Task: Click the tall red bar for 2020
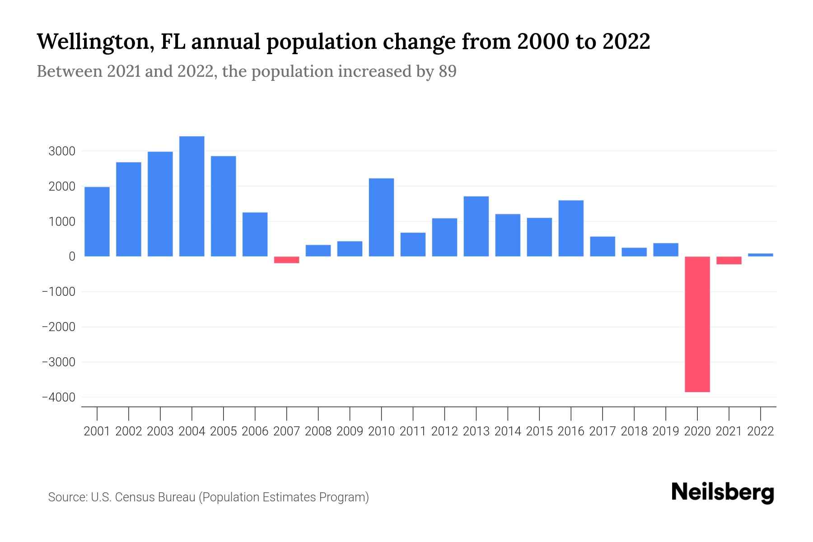(x=697, y=324)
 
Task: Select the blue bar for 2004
(x=192, y=196)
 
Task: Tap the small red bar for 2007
(x=286, y=260)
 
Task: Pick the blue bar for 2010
(x=381, y=217)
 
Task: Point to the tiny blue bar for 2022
(x=760, y=255)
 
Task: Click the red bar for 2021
(x=729, y=260)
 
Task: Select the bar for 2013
(x=476, y=226)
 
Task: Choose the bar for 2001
(x=97, y=222)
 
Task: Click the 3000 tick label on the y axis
(x=62, y=151)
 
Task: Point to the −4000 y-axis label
(x=59, y=397)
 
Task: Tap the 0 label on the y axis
(x=72, y=257)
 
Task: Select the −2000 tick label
(x=59, y=327)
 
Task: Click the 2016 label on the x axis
(x=571, y=431)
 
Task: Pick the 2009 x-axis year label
(x=350, y=431)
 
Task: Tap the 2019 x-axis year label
(x=665, y=431)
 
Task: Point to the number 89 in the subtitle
(x=447, y=71)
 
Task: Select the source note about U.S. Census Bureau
(x=208, y=497)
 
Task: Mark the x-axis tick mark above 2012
(x=444, y=413)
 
